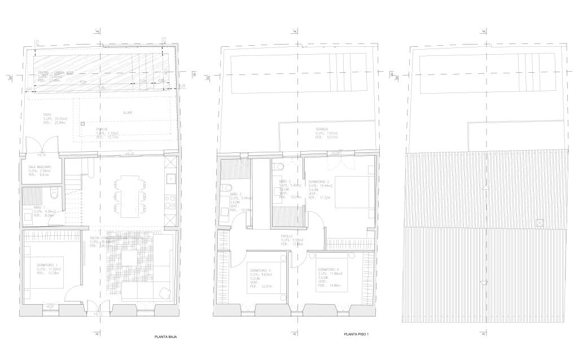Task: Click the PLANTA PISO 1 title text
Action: click(x=356, y=335)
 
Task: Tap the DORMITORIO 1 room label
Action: click(x=48, y=265)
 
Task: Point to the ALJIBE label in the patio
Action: click(x=128, y=113)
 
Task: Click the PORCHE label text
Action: click(x=103, y=129)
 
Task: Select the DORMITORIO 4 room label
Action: click(x=329, y=269)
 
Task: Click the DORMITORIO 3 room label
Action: click(x=261, y=270)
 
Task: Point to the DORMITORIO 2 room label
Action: click(x=320, y=182)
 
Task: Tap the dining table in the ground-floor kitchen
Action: click(x=129, y=197)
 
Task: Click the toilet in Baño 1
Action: click(x=55, y=194)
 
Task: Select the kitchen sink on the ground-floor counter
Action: click(x=171, y=179)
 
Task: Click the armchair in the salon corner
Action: click(x=165, y=292)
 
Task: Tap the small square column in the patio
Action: click(x=82, y=123)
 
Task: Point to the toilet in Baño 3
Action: click(x=226, y=187)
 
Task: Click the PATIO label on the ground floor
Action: click(x=47, y=114)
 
